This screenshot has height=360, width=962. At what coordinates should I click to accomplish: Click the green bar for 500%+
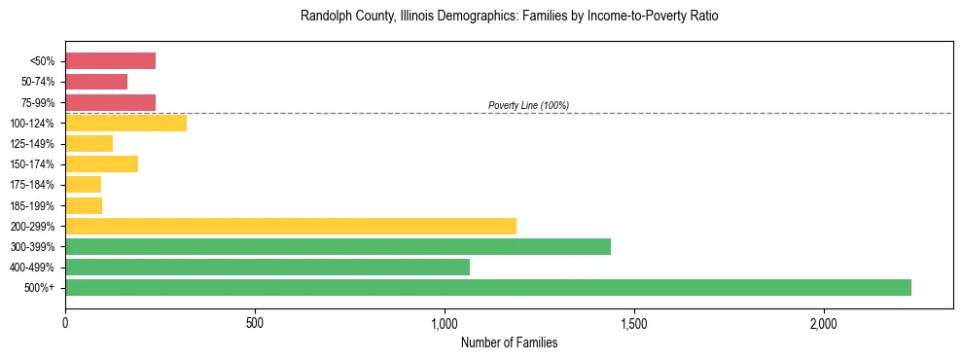(x=487, y=287)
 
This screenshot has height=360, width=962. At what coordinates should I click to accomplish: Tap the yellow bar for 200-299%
(x=290, y=226)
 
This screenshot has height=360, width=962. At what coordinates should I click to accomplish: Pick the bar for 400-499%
(x=267, y=267)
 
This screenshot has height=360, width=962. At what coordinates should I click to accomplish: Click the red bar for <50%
(x=110, y=61)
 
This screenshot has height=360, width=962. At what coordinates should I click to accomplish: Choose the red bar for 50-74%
(x=96, y=82)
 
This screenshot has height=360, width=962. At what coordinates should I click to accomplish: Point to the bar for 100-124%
(x=125, y=123)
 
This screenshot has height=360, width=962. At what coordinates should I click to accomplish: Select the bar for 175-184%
(x=83, y=185)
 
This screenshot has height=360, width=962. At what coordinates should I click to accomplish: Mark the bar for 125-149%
(x=89, y=144)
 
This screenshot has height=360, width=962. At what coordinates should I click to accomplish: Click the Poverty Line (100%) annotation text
(x=528, y=105)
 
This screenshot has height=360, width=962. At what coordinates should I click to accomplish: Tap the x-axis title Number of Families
(x=509, y=343)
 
